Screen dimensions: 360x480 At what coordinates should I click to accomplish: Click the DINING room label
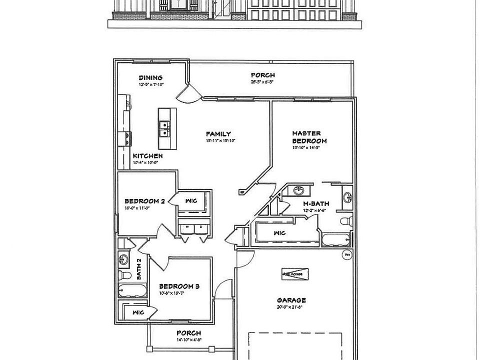coord(150,77)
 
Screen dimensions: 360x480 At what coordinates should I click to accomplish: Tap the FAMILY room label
coord(218,133)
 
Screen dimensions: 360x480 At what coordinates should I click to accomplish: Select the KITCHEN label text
coord(147,156)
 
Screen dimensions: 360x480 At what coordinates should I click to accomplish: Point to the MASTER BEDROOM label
coord(309,137)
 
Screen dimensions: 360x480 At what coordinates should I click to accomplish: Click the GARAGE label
coord(291,300)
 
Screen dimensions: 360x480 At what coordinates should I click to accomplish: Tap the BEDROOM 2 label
coord(144,201)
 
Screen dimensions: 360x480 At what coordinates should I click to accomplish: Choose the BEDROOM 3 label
coord(179,286)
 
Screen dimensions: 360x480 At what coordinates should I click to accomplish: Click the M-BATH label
coord(315,204)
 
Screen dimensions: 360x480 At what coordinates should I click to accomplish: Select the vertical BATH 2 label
coord(139,268)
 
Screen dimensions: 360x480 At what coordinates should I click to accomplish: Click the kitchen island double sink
coord(163,129)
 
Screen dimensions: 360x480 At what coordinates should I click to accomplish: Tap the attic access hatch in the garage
coord(295,273)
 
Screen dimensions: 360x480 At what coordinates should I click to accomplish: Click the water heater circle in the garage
coord(346,254)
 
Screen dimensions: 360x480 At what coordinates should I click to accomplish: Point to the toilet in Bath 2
coord(125,274)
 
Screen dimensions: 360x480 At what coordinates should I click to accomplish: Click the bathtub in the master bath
coord(336,239)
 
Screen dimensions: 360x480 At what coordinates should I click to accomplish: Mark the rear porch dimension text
coord(262,81)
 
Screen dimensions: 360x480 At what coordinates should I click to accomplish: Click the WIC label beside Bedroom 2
coord(190,200)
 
